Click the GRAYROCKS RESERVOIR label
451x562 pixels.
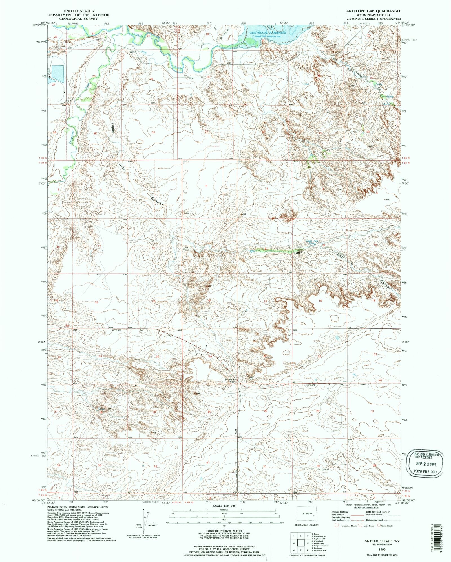point(268,33)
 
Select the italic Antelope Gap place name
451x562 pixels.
point(229,381)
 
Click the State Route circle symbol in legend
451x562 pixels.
point(378,526)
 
